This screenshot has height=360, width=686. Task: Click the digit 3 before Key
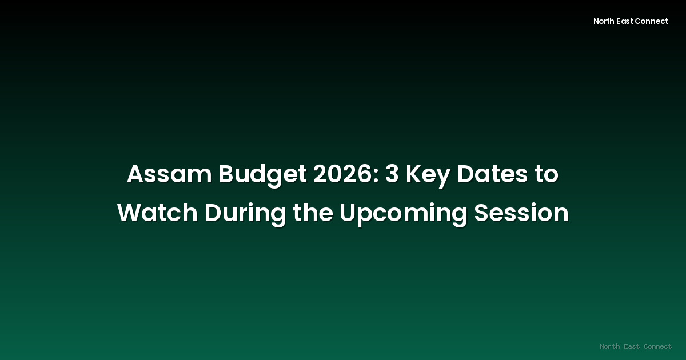[x=392, y=175]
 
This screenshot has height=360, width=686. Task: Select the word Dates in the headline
[x=491, y=175]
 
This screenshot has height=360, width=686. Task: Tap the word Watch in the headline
[x=157, y=214]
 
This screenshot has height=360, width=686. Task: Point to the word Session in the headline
[x=521, y=214]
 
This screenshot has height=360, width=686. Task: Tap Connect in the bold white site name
[x=653, y=21]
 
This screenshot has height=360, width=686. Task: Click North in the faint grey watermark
[x=610, y=346]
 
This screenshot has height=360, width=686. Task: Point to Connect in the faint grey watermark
[x=657, y=346]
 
